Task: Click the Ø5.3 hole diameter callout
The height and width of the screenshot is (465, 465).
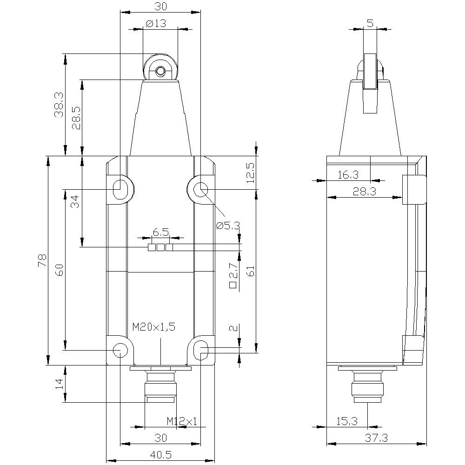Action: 228,226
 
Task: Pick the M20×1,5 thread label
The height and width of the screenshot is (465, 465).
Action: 153,327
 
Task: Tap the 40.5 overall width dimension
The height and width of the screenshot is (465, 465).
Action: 161,455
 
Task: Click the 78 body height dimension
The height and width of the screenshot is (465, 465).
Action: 42,260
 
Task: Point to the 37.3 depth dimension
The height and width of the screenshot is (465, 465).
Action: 377,438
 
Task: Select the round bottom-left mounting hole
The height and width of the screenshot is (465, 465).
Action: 120,349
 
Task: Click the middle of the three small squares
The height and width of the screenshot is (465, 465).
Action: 160,247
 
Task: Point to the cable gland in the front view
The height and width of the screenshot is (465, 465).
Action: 160,386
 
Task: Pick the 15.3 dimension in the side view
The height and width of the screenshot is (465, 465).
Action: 347,421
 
